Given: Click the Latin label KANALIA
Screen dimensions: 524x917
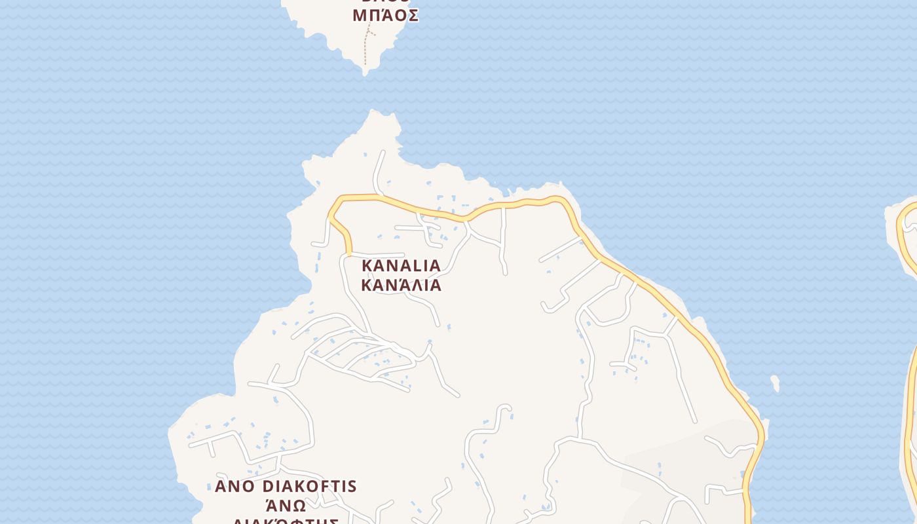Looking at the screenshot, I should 401,266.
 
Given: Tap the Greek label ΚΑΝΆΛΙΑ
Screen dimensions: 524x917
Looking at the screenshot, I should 401,286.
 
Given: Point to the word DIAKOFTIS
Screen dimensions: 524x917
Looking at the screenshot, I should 310,487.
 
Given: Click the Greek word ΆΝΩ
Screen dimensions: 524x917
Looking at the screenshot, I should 286,506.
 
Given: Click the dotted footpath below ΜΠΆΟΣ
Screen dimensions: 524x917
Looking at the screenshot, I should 365,49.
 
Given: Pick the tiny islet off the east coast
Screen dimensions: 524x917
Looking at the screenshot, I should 776,383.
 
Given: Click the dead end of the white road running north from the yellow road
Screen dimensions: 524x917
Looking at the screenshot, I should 382,153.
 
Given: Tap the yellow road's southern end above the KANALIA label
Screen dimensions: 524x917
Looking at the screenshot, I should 348,252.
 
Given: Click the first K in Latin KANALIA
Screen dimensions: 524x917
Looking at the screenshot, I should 367,266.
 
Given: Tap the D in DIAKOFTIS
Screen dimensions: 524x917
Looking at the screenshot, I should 267,487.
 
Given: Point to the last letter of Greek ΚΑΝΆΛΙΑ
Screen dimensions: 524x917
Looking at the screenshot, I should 435,286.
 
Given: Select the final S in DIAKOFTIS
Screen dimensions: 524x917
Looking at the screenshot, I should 352,487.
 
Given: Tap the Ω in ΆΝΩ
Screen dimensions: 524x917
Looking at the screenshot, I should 299,506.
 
